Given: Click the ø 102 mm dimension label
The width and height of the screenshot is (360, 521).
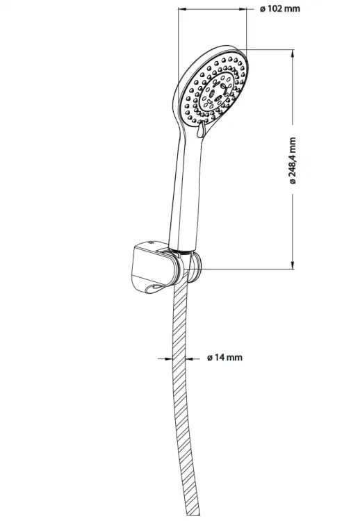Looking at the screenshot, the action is pyautogui.click(x=280, y=9).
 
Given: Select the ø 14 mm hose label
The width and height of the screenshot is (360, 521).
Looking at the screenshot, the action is pyautogui.click(x=224, y=358).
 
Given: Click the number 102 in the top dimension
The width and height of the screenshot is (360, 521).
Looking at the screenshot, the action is pyautogui.click(x=275, y=9).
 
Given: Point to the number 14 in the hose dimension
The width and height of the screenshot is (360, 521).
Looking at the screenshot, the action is pyautogui.click(x=220, y=358).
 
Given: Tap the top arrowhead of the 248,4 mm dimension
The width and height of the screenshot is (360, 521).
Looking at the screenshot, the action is pyautogui.click(x=293, y=53).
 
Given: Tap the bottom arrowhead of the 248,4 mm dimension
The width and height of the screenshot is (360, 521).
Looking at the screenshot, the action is pyautogui.click(x=293, y=265).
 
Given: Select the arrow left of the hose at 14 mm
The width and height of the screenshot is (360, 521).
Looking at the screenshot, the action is pyautogui.click(x=165, y=358).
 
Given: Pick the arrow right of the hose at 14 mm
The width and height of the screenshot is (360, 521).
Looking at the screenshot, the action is pyautogui.click(x=193, y=358).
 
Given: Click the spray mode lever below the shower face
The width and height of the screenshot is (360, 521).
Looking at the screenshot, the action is pyautogui.click(x=200, y=130).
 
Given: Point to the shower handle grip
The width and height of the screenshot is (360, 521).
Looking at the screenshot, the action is pyautogui.click(x=186, y=192).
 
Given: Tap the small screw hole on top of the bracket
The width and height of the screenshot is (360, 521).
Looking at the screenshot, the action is pyautogui.click(x=152, y=243).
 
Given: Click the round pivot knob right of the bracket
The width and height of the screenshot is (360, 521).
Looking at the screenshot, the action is pyautogui.click(x=195, y=267).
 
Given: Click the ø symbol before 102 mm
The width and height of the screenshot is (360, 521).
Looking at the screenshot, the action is pyautogui.click(x=263, y=9).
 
